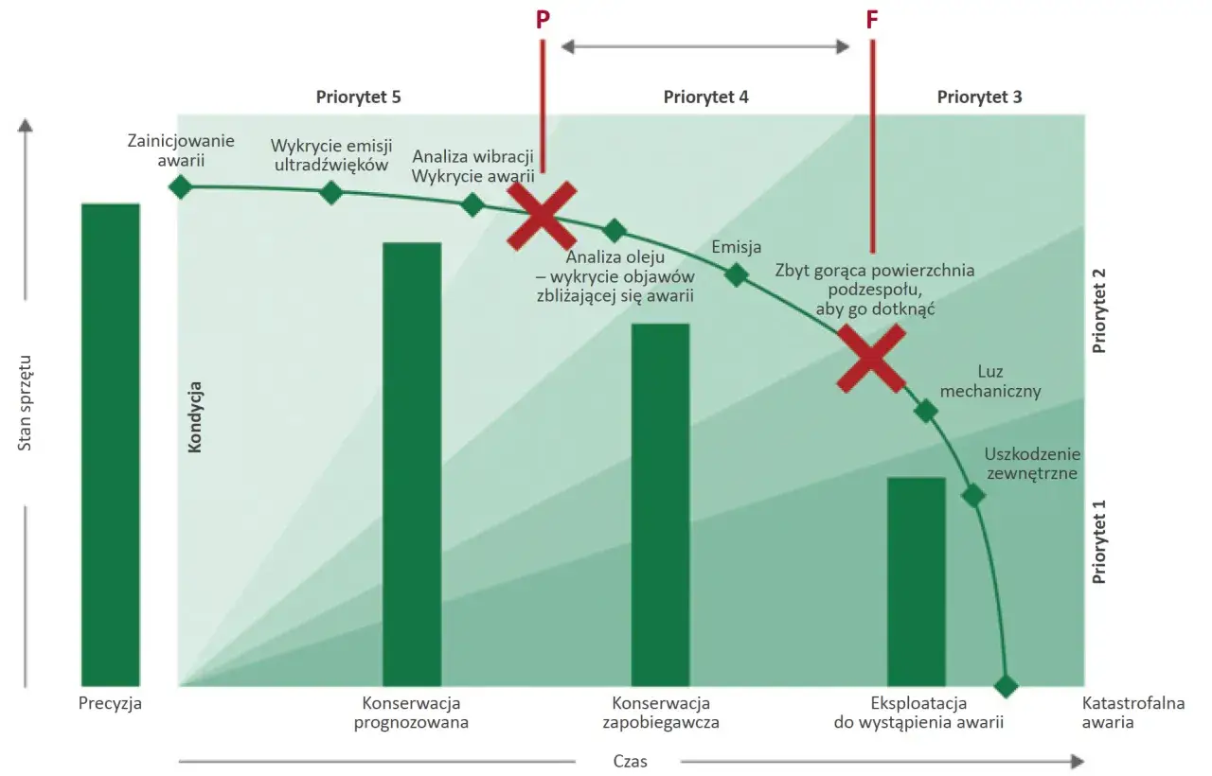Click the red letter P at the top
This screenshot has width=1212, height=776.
[543, 21]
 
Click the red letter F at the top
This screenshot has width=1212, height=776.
[872, 21]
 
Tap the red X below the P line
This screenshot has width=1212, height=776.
[542, 216]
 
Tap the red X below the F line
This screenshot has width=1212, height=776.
[871, 360]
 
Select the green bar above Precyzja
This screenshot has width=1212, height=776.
[110, 445]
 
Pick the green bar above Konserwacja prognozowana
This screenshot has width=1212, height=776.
[412, 464]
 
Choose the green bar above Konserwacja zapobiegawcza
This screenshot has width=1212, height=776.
[660, 504]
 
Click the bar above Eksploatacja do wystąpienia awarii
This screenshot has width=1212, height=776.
[916, 581]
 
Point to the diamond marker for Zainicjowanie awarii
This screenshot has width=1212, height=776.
[180, 186]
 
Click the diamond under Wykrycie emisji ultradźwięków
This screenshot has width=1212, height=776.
[330, 193]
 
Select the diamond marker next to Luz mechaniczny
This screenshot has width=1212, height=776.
[925, 411]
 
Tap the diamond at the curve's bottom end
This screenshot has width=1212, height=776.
[1006, 685]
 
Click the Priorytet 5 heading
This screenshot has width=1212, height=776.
[359, 97]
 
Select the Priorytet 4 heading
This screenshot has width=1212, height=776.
[706, 97]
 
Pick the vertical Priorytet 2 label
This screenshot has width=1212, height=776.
[1099, 310]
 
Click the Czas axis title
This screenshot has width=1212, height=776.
[630, 761]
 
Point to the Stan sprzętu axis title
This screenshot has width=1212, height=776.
[26, 401]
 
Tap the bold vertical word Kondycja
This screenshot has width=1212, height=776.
[196, 416]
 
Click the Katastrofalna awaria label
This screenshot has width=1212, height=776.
[1120, 713]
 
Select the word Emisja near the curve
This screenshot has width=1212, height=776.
[736, 248]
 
